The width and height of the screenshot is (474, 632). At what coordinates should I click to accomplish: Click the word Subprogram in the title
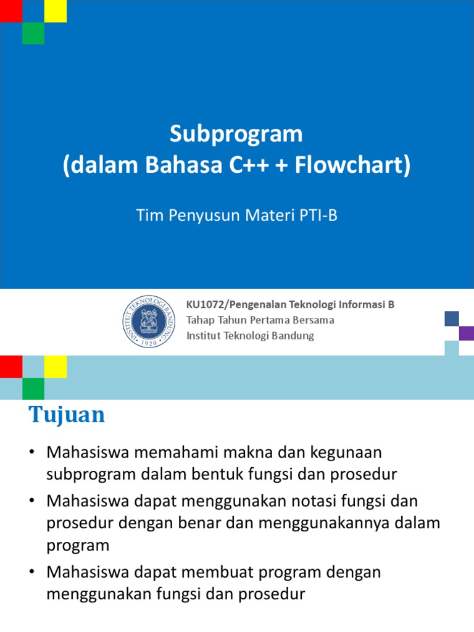[x=236, y=134]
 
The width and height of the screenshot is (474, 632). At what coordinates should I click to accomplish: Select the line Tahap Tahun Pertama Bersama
[x=260, y=320]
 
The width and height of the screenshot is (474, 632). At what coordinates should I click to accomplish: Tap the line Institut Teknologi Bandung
[x=250, y=336]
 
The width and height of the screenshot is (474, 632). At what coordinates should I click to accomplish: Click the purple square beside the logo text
[x=467, y=333]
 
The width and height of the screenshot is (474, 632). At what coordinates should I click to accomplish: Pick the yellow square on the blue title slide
[x=56, y=11]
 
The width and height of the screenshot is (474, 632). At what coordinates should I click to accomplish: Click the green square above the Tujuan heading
[x=33, y=389]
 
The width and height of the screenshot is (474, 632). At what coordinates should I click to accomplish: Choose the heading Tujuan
[x=67, y=415]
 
